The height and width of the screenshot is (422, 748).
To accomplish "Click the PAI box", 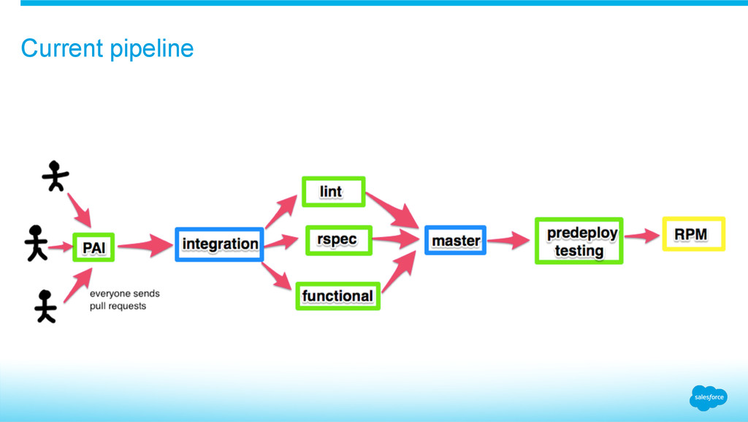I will pyautogui.click(x=93, y=247).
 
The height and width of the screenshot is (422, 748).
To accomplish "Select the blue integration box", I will pyautogui.click(x=219, y=244).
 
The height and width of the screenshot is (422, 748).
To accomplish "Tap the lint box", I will pyautogui.click(x=332, y=192).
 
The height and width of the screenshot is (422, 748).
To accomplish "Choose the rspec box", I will pyautogui.click(x=338, y=239).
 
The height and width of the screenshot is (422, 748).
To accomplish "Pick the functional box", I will pyautogui.click(x=337, y=295).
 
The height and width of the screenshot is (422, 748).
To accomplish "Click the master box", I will pyautogui.click(x=455, y=240).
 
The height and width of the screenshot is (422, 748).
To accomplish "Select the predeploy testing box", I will pyautogui.click(x=579, y=241).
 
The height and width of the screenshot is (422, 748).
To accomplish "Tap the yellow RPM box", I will pyautogui.click(x=693, y=234).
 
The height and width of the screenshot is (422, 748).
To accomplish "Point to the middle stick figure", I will pyautogui.click(x=36, y=242).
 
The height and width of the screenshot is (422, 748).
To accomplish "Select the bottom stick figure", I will pyautogui.click(x=45, y=306).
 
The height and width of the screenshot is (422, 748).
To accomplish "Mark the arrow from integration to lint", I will pyautogui.click(x=280, y=211).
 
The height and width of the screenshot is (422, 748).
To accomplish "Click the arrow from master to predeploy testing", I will pyautogui.click(x=509, y=239).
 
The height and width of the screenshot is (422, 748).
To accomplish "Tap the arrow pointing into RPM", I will pyautogui.click(x=642, y=236).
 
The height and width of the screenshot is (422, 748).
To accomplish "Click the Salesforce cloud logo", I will pyautogui.click(x=708, y=397).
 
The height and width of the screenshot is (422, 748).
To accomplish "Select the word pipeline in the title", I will pyautogui.click(x=152, y=48).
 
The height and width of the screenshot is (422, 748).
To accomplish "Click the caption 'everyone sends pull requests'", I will pyautogui.click(x=124, y=300).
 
